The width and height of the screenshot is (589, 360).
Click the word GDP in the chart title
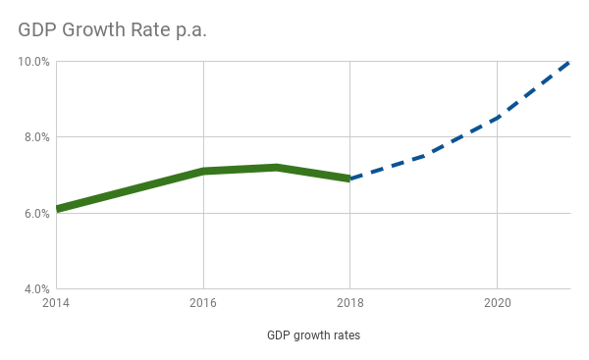pos(36,30)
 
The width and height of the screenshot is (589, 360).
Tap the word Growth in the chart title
pos(91,30)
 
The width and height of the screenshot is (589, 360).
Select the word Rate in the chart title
pos(149,30)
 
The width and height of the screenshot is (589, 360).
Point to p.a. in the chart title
pos(190,31)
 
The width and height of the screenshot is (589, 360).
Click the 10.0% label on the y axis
pos(34,61)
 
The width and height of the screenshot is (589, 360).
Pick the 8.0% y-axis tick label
pos(36,137)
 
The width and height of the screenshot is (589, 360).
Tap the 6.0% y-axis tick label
pos(36,213)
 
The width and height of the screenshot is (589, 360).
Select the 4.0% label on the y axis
pos(36,289)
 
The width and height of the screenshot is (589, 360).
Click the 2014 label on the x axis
pos(56,304)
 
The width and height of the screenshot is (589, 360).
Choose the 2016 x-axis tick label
pos(203,304)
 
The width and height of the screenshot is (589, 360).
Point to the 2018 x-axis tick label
pos(350,304)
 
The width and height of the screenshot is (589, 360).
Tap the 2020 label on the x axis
pos(498,304)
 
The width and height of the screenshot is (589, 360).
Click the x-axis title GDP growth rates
pos(313,335)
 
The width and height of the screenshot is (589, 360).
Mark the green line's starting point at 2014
pos(58,209)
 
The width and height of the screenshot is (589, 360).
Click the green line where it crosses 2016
pos(203,172)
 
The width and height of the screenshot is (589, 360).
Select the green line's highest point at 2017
pos(277,168)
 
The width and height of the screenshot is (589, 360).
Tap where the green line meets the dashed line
pos(350,179)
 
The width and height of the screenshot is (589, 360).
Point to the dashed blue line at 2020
pos(498,118)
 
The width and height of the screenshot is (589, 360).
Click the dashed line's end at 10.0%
pos(569,62)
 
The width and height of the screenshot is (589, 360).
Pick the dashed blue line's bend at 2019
pos(424,156)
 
